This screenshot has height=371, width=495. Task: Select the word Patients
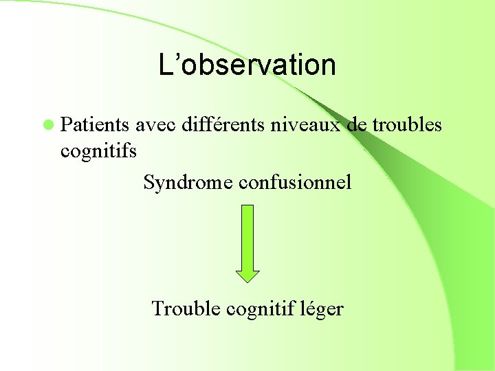click(x=95, y=125)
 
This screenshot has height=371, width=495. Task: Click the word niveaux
click(x=301, y=125)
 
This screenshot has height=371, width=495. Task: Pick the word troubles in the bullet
click(x=407, y=125)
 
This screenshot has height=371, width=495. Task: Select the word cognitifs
click(x=99, y=150)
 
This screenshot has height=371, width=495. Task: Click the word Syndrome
click(x=188, y=182)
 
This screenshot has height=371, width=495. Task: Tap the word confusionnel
click(x=296, y=182)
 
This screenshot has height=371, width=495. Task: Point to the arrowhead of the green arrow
click(x=247, y=274)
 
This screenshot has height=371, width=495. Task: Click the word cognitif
click(x=258, y=309)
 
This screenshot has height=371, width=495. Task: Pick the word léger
click(x=322, y=309)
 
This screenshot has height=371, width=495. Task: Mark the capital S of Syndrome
click(x=149, y=182)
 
